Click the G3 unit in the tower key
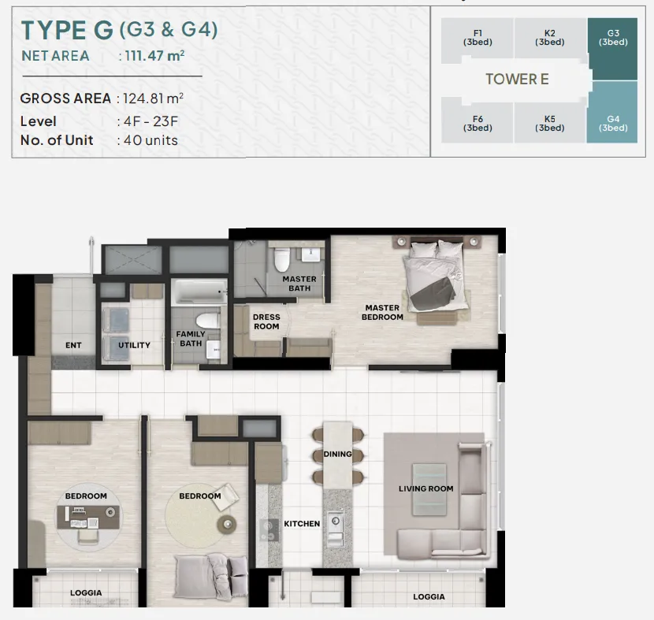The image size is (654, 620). point(612,48)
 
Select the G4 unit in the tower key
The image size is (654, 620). point(612,113)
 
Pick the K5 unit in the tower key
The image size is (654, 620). point(550,124)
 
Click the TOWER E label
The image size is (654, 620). point(517,79)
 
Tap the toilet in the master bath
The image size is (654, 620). point(282,259)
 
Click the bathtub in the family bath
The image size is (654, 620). point(199,291)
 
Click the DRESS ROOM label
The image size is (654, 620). point(266,322)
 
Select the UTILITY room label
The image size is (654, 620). point(134,345)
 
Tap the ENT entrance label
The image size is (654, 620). point(73,345)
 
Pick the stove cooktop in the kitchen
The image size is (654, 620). point(269,530)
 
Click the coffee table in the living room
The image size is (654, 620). point(429,489)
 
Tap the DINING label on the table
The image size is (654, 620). point(337,454)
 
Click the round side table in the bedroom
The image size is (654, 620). point(227,524)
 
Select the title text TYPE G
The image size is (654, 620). point(67,30)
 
